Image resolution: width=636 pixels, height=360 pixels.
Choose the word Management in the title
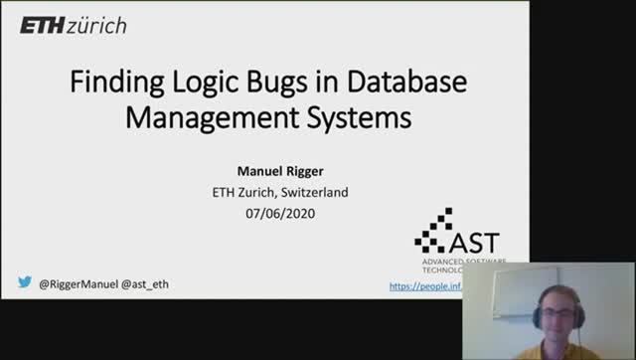203,118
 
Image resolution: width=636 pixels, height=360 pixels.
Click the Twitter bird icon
24,283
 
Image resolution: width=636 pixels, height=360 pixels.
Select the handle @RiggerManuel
78,284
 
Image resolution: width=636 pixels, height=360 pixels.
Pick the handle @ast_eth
144,284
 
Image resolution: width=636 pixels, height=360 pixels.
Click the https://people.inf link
425,285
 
